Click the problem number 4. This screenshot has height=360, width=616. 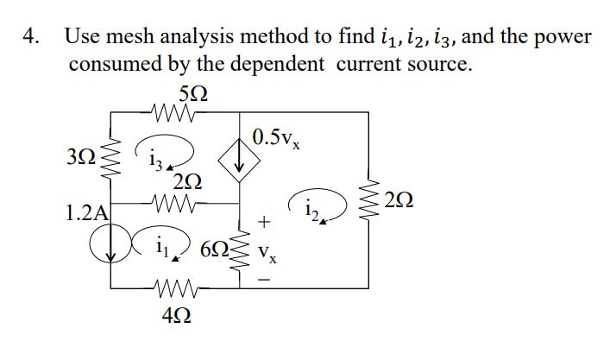click(31, 37)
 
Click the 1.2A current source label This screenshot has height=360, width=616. click(86, 212)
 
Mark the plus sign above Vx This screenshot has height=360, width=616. click(265, 223)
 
